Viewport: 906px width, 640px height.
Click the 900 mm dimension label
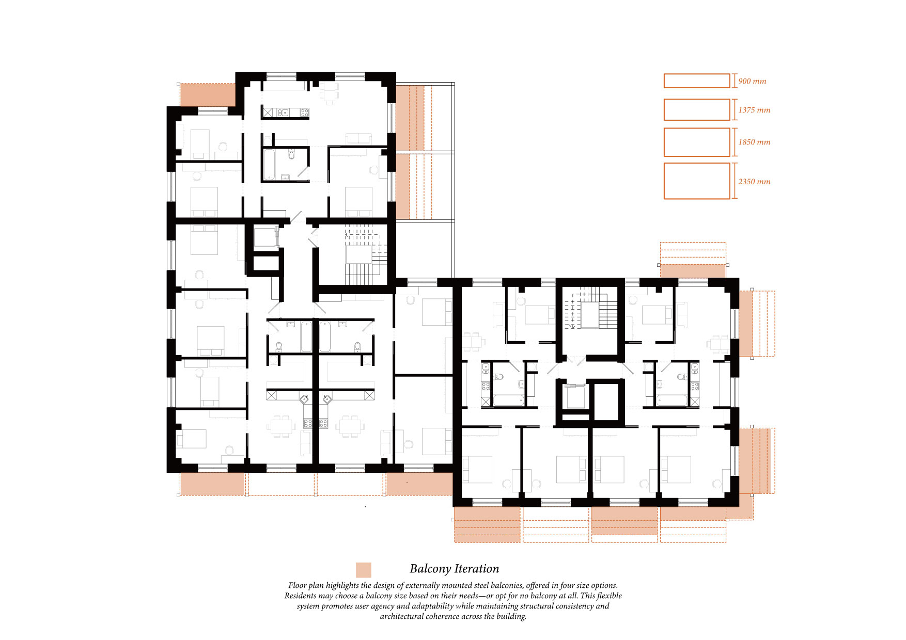(x=752, y=81)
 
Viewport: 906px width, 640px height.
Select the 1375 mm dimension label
(x=754, y=110)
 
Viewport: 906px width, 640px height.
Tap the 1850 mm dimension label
(x=754, y=142)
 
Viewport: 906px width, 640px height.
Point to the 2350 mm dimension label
(x=754, y=182)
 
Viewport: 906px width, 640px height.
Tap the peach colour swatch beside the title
(x=364, y=570)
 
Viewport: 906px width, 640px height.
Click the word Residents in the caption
(x=301, y=596)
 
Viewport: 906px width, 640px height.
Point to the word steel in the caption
(x=481, y=585)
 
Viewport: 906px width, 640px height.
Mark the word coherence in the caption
(x=450, y=616)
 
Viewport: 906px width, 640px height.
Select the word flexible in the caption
(x=609, y=596)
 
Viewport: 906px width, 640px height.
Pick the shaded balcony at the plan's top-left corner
(x=208, y=95)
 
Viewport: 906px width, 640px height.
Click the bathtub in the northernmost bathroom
(x=269, y=165)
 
